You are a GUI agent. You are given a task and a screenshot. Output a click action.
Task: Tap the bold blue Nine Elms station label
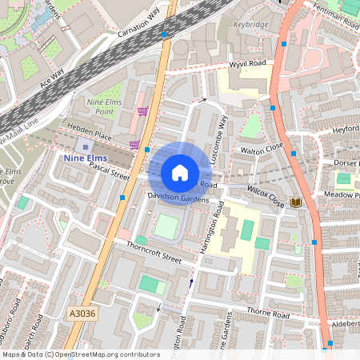click(84, 158)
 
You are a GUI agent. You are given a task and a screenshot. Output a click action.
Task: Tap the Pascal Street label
click(110, 173)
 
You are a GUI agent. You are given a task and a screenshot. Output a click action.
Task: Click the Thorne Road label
click(268, 314)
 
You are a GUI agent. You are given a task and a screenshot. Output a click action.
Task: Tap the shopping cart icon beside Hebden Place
click(135, 145)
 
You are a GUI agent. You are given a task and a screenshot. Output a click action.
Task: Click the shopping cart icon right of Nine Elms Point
click(142, 111)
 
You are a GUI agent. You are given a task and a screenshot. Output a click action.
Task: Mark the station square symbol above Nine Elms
click(86, 147)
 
